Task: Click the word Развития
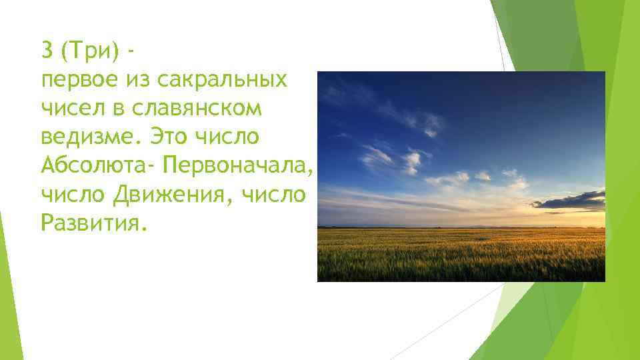point(91,223)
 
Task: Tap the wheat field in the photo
point(460,257)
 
